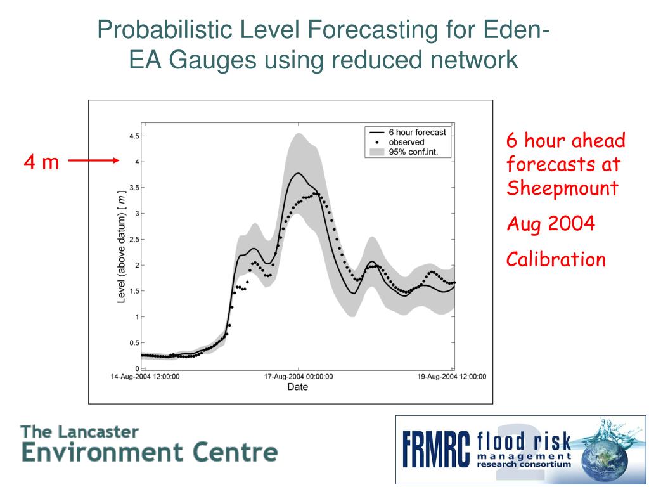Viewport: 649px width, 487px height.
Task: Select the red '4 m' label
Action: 41,163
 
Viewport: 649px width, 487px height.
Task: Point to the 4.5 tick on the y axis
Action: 134,136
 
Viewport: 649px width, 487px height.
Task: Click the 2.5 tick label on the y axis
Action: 134,240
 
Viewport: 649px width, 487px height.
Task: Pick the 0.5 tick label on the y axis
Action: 134,343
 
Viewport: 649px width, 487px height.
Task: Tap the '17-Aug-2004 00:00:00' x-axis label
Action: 298,377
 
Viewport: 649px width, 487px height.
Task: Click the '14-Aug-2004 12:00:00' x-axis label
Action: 145,377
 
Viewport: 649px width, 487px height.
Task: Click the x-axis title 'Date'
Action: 298,387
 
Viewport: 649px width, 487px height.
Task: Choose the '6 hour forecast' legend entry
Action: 416,133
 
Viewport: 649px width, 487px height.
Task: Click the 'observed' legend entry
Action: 406,142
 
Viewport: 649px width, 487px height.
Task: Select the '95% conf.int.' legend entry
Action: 413,152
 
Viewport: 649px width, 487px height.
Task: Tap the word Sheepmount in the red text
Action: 562,188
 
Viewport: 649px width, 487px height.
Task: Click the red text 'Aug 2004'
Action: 550,223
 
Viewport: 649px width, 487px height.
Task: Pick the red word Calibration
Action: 556,259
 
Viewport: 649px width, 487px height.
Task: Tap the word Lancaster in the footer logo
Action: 98,432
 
